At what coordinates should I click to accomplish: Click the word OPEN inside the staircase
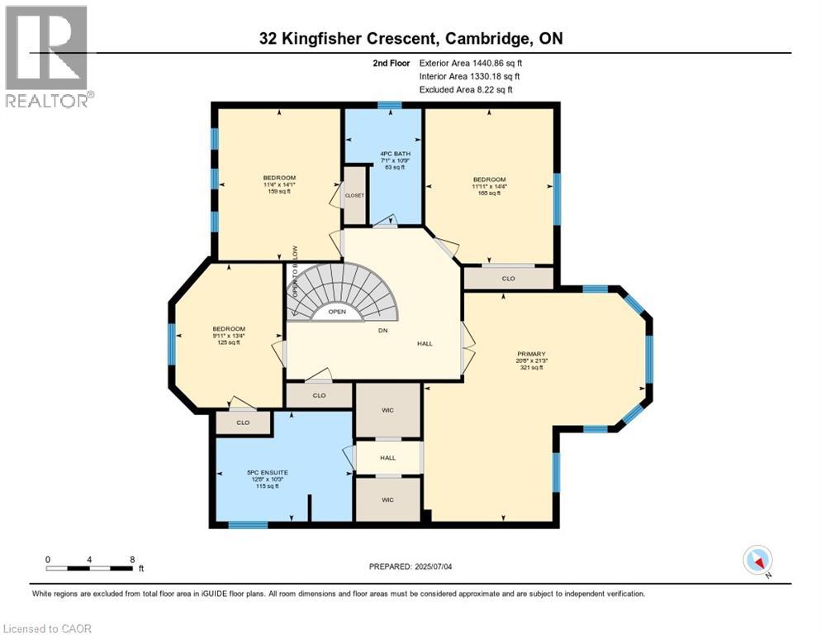[337, 312]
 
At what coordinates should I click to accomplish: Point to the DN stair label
[382, 331]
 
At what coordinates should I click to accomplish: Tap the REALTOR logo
[48, 56]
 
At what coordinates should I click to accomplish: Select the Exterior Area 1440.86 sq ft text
[469, 63]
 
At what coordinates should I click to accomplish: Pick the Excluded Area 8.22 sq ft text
[465, 89]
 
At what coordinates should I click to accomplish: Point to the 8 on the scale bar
[132, 559]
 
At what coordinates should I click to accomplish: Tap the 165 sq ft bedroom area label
[489, 193]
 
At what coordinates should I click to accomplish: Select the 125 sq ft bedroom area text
[228, 342]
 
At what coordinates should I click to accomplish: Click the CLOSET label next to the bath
[355, 196]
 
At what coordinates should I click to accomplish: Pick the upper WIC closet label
[388, 409]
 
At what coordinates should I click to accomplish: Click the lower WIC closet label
[388, 500]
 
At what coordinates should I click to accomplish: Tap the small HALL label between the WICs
[388, 457]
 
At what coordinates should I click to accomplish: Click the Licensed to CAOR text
[47, 628]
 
